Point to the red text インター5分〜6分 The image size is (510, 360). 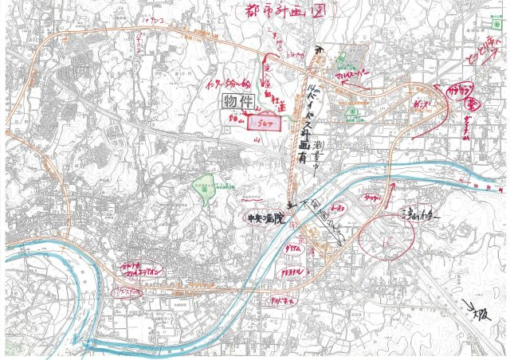(228, 82)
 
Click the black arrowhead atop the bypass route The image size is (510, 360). (318, 49)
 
